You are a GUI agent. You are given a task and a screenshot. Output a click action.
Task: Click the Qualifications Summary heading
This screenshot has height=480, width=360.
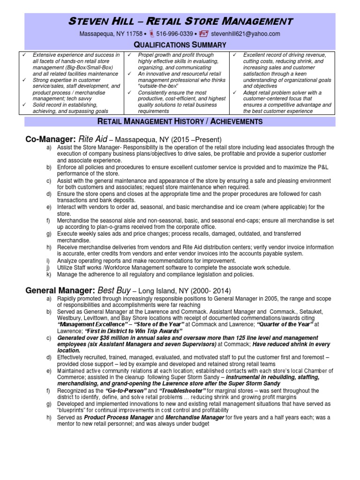coord(180,45)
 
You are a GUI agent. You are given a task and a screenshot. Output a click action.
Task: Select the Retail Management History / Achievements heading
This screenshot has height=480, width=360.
coord(180,122)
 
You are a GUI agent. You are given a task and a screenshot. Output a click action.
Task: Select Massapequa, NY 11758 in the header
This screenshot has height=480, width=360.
coord(110,34)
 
